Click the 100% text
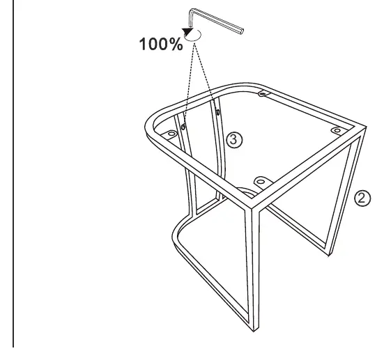(161, 45)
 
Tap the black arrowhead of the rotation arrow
(187, 32)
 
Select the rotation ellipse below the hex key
(194, 36)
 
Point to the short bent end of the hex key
(191, 17)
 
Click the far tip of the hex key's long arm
(242, 31)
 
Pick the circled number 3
(234, 140)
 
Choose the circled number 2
(362, 198)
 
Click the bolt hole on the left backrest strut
(183, 127)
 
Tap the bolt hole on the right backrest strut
(217, 112)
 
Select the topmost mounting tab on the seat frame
(263, 93)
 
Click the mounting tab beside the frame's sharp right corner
(338, 130)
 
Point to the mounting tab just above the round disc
(261, 182)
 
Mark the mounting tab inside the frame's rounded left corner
(171, 134)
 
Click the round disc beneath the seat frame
(247, 193)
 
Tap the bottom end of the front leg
(254, 329)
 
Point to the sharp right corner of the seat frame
(365, 127)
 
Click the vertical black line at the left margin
(13, 173)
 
